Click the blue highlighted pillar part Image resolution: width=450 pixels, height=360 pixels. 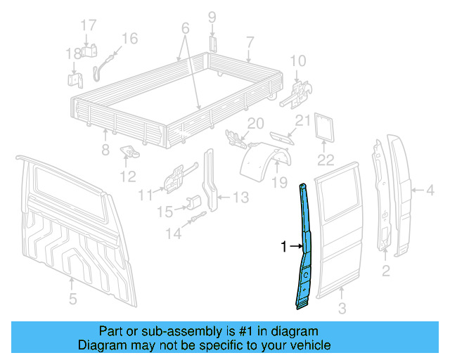click(305, 246)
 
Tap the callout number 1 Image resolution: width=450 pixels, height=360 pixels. click(284, 247)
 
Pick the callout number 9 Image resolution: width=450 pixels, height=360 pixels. click(212, 17)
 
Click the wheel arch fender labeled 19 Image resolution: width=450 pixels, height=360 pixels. click(267, 164)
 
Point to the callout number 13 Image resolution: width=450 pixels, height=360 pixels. click(240, 198)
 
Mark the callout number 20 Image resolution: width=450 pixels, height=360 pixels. click(255, 124)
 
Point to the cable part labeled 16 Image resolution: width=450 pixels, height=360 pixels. click(103, 62)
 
